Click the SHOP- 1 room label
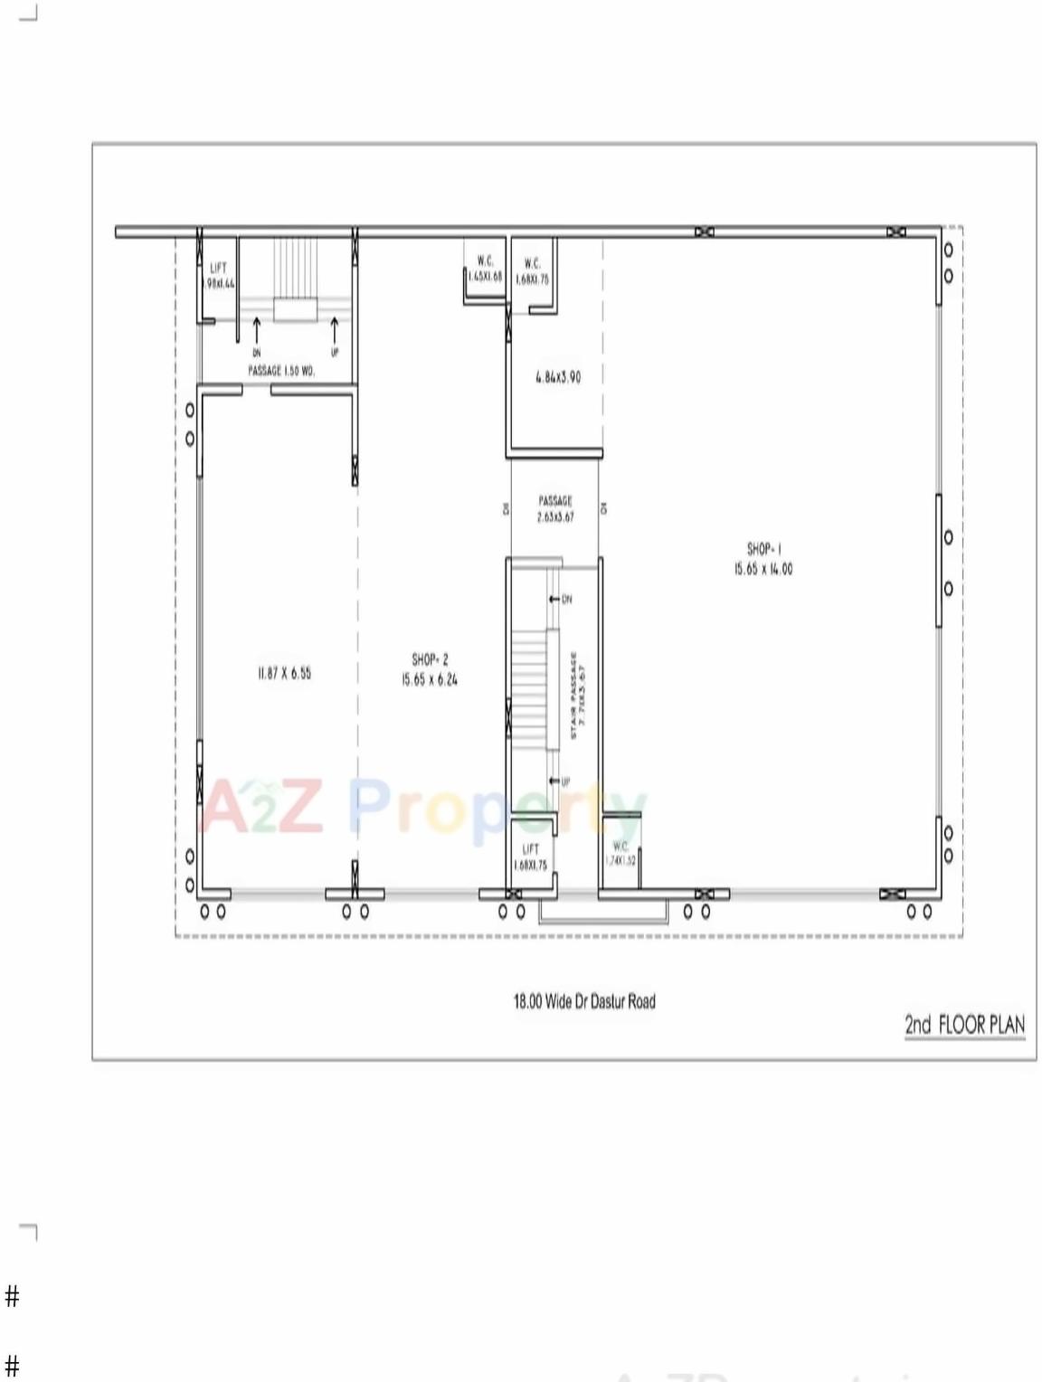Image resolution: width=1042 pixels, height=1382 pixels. tap(763, 549)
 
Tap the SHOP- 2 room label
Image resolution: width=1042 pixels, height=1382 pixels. tap(430, 660)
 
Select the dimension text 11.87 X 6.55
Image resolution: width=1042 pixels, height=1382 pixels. tap(284, 673)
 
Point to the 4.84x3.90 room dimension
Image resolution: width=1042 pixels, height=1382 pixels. tap(558, 377)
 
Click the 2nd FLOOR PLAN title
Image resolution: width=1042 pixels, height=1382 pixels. tap(964, 1025)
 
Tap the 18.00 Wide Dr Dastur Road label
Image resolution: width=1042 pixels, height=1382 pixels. tap(584, 1001)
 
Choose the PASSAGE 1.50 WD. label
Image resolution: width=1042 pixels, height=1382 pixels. tap(281, 371)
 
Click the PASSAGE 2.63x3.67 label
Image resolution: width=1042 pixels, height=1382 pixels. tap(555, 508)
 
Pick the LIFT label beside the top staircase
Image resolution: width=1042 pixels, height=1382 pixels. tap(218, 269)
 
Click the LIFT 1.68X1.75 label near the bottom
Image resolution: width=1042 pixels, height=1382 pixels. tap(530, 857)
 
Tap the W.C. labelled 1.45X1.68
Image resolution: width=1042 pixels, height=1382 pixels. tap(485, 269)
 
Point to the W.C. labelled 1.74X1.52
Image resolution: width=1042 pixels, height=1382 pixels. tap(620, 853)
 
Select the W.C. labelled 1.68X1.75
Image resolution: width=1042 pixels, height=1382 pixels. tap(532, 271)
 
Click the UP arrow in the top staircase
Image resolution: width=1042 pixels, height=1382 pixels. tap(335, 329)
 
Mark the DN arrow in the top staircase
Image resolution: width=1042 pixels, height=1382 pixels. tap(257, 329)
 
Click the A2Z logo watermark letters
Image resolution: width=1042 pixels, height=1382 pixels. tap(262, 808)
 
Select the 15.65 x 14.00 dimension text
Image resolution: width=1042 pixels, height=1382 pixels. tap(763, 569)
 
